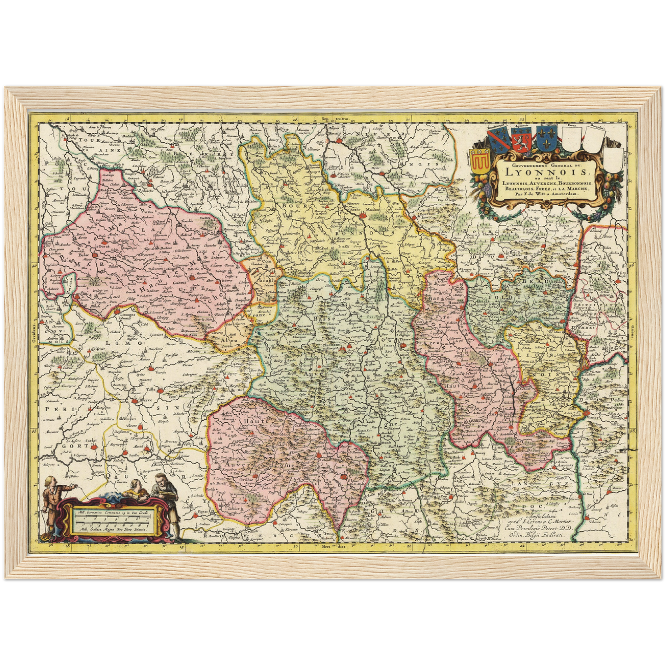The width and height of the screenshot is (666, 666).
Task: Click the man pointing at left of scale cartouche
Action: tap(52, 503)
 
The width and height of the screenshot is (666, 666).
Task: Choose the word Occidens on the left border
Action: tap(34, 331)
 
